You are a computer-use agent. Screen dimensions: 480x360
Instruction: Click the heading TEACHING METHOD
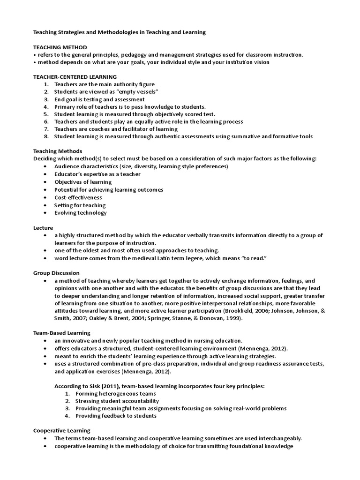[x=60, y=47]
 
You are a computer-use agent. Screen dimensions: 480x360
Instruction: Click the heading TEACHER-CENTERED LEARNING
[x=75, y=76]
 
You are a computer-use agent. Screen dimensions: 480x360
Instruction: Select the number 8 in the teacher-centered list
[x=46, y=136]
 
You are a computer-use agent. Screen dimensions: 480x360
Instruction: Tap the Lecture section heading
[x=43, y=227]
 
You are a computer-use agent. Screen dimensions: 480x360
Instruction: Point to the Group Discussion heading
[x=56, y=273]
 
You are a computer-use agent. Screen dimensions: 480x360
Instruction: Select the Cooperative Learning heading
[x=61, y=430]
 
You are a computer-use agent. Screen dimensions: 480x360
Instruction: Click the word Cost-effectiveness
[x=78, y=197]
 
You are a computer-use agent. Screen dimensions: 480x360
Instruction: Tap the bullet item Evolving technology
[x=80, y=213]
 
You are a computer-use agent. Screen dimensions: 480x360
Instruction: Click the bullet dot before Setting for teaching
[x=45, y=205]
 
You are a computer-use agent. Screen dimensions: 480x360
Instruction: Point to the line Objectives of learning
[x=82, y=182]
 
